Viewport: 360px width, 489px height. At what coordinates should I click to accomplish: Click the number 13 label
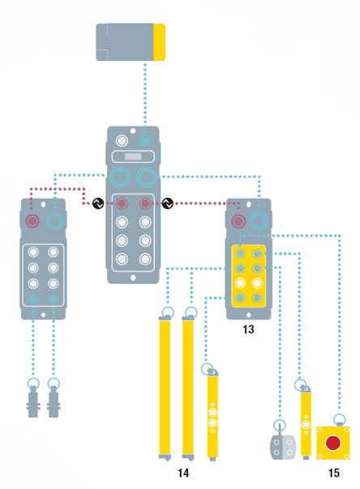coord(248,329)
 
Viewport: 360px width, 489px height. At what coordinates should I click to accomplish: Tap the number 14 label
coord(183,473)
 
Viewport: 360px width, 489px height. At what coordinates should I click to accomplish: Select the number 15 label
coord(334,473)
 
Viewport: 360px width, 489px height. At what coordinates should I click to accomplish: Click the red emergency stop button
coord(333,443)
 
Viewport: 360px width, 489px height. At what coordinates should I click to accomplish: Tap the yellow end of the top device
coord(159,42)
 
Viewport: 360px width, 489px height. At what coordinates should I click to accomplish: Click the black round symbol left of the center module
coord(98,204)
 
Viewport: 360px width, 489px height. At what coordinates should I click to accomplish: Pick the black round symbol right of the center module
coord(167,204)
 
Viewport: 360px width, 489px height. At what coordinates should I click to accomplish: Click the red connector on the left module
coord(32,221)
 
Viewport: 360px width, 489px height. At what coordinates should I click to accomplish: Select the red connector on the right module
coord(238,221)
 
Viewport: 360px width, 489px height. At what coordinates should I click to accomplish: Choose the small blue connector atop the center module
coord(145,141)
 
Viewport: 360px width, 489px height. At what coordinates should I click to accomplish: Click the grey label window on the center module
coord(133,157)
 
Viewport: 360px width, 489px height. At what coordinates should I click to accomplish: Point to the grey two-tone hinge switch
coord(283,447)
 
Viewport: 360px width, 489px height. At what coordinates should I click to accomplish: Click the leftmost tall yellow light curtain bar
coord(165,388)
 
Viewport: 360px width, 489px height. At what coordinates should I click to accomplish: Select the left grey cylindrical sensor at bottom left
coord(33,401)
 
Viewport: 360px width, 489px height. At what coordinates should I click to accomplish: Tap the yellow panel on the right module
coord(248,276)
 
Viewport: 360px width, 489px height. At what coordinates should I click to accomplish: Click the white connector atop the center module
coord(122,141)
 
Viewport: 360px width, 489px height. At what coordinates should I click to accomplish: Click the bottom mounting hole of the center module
coord(133,277)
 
